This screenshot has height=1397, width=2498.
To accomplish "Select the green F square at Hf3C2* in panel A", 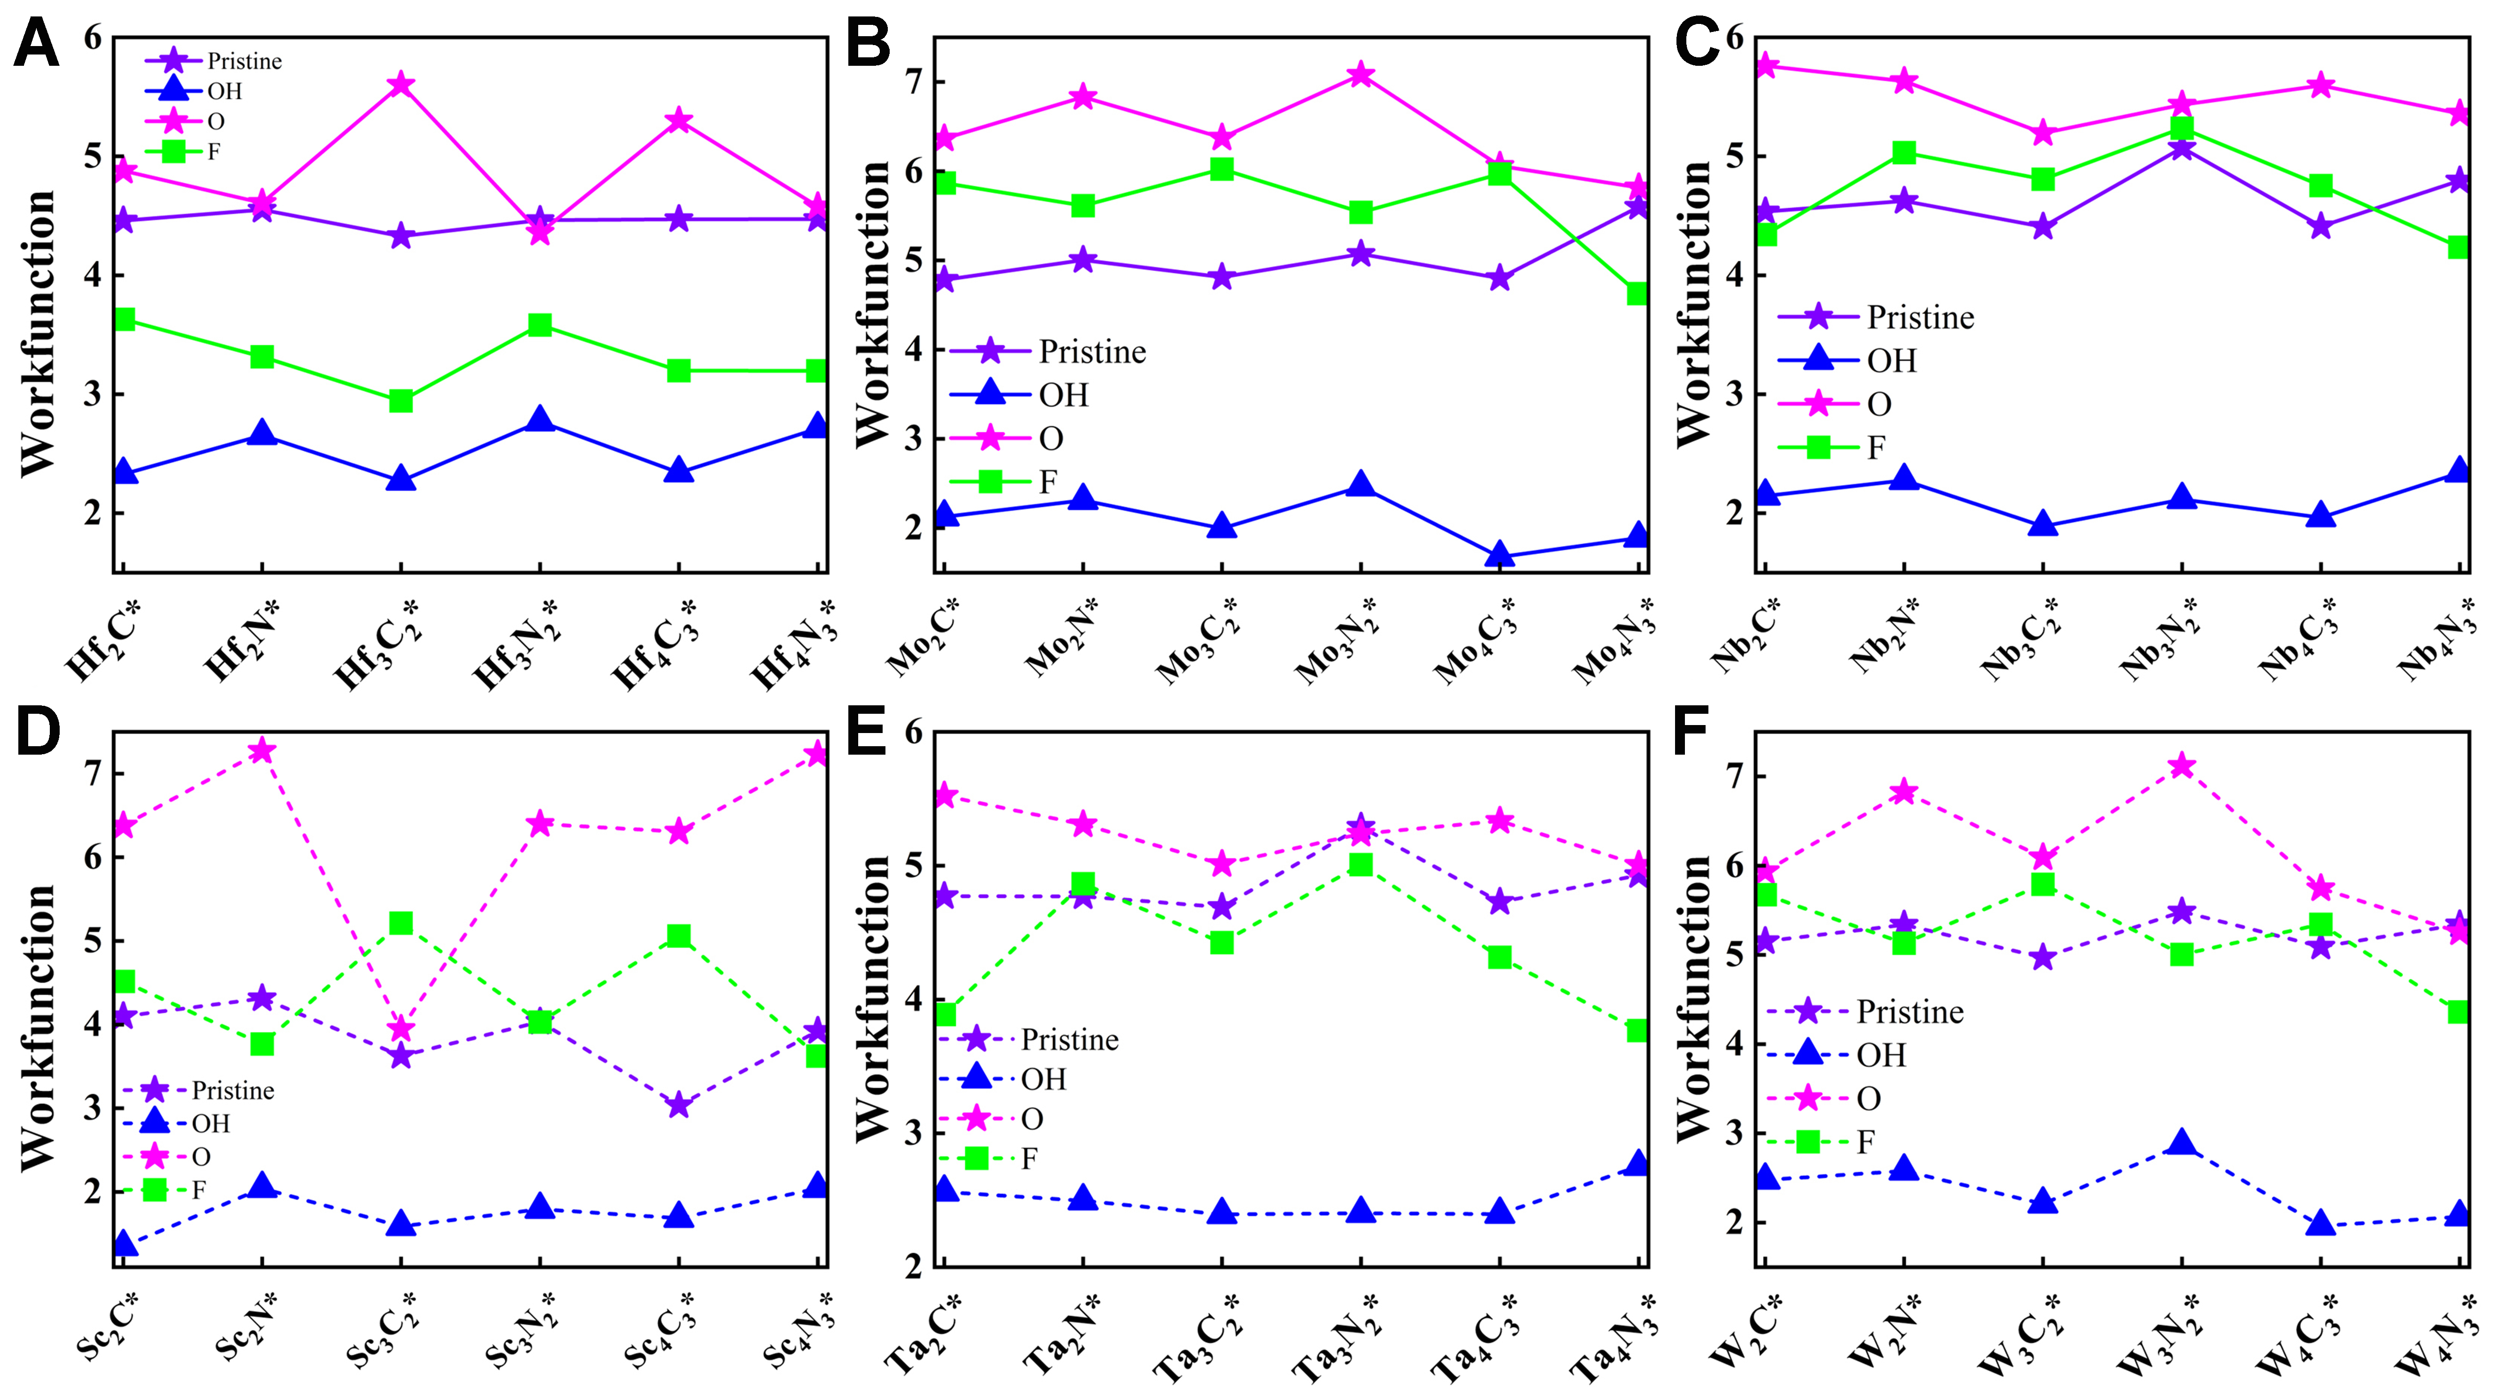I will pos(400,400).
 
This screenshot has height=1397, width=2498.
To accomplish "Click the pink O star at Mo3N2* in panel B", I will pos(1361,75).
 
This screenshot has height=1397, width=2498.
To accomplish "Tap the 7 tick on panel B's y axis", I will pos(914,82).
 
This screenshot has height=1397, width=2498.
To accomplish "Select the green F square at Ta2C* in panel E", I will pos(945,1014).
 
